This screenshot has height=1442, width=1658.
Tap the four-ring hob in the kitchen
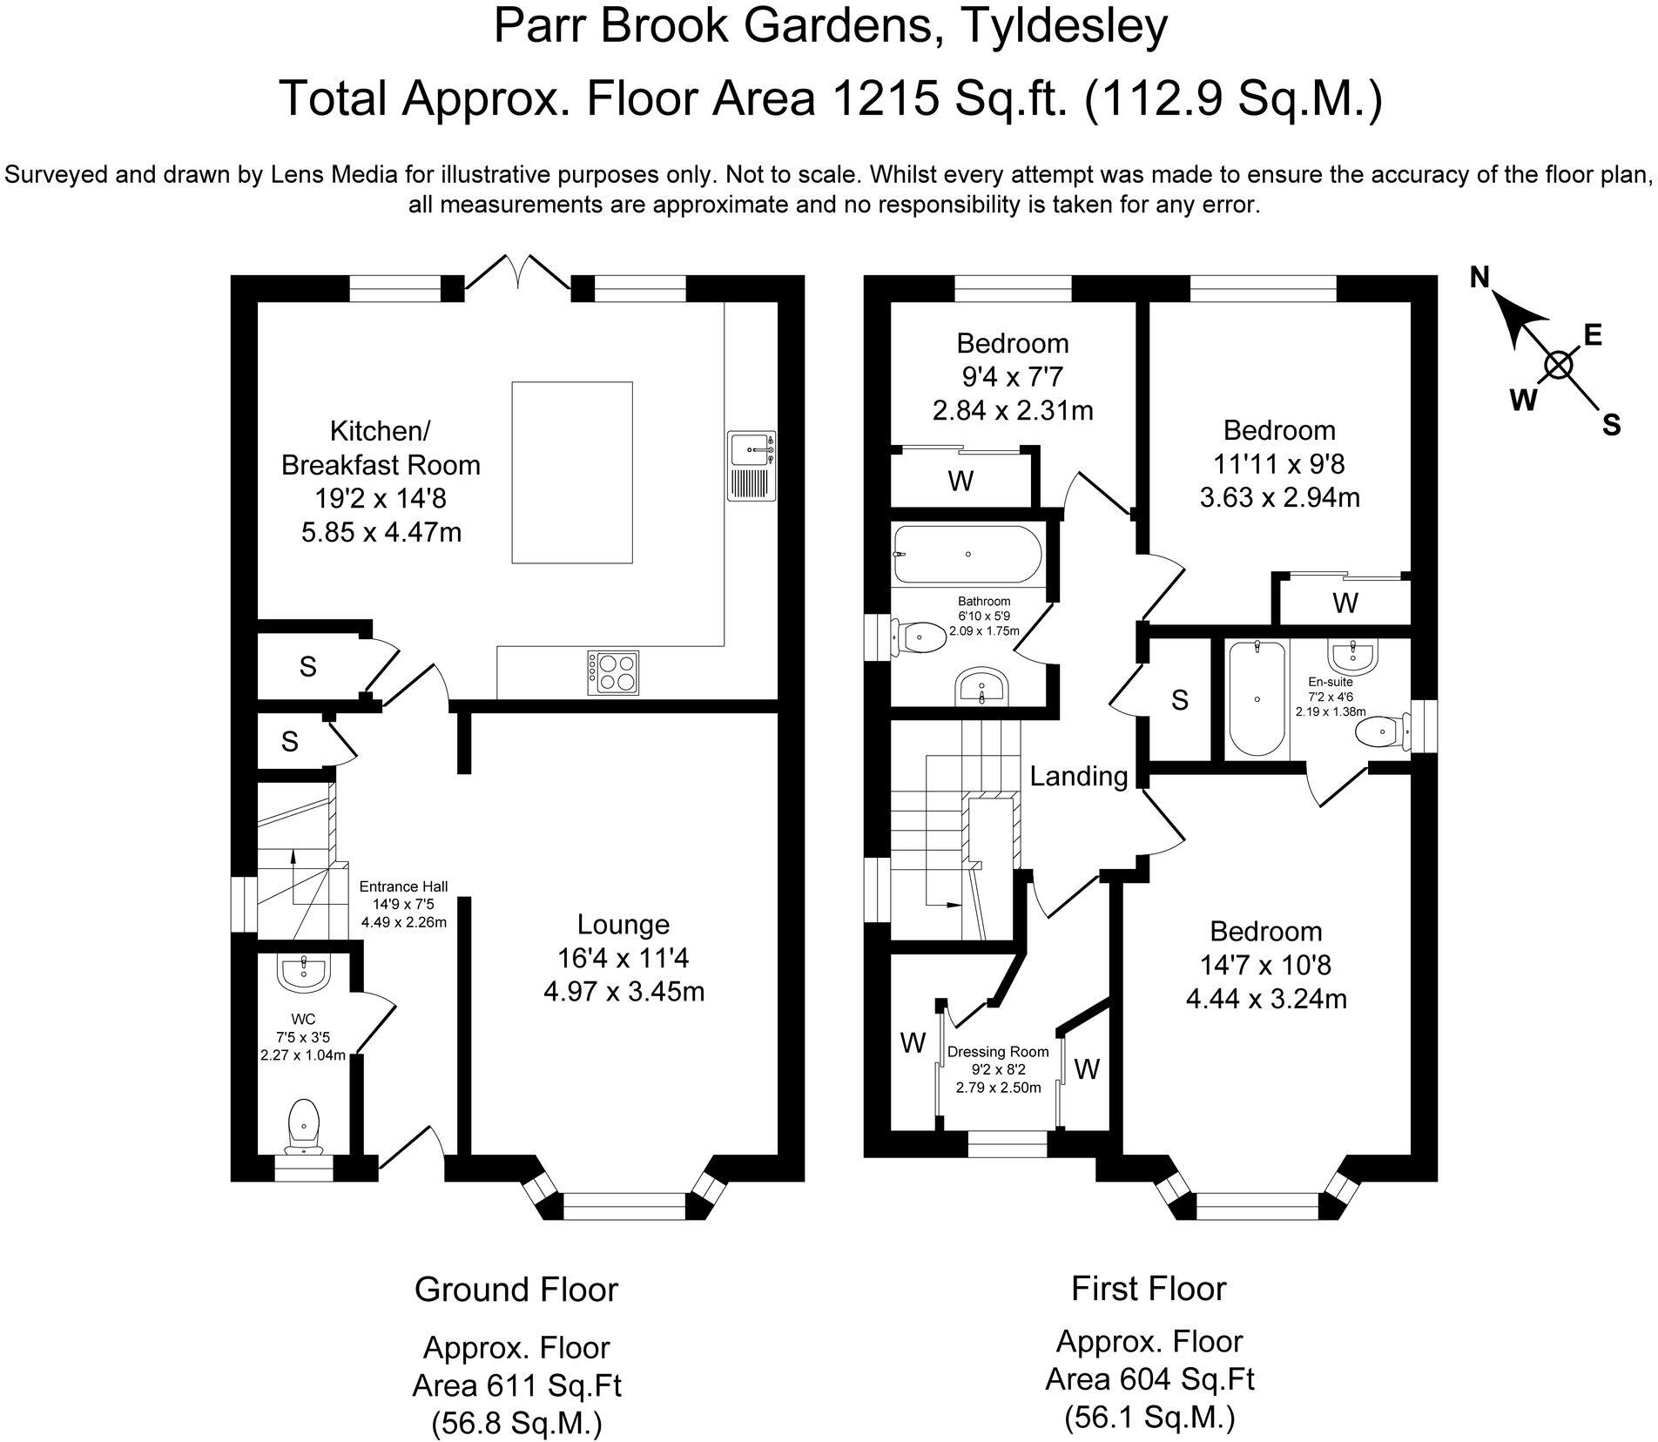pos(614,673)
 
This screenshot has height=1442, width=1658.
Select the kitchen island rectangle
pos(572,472)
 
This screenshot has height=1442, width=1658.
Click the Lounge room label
pos(623,925)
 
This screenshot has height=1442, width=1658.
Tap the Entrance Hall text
pos(403,886)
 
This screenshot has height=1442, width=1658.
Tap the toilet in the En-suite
pos(1385,731)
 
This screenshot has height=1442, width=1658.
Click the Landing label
pos(1078,776)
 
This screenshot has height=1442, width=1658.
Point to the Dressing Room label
pos(998,1052)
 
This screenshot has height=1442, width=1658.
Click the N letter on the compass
pos(1479,277)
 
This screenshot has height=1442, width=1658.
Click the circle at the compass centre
pos(1559,366)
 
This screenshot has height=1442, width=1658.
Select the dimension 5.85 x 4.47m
pos(381,531)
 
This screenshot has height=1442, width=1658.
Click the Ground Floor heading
pos(516,1290)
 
